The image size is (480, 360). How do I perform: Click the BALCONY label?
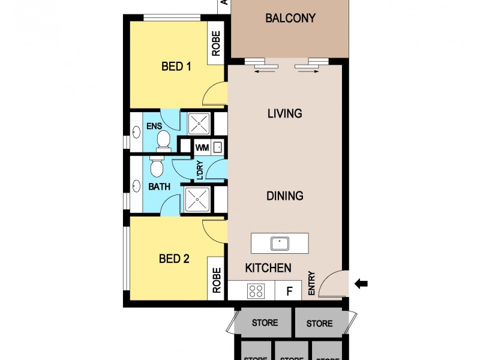290,18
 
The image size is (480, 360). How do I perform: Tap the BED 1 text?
176,67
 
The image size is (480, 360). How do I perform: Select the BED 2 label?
174,259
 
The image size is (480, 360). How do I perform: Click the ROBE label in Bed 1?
215,43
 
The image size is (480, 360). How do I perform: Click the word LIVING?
284,113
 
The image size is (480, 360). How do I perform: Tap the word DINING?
285,196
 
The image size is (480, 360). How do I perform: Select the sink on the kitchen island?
280,243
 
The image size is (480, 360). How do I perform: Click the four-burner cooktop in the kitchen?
256,292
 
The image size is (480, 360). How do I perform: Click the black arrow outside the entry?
361,284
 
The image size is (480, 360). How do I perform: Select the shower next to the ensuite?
197,124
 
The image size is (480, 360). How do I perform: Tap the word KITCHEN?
268,268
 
